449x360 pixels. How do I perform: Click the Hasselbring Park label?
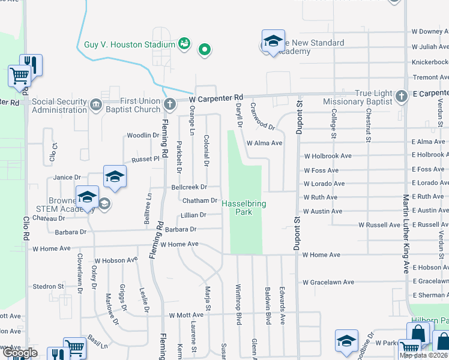pyautogui.click(x=244, y=208)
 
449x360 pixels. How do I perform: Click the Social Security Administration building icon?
pyautogui.click(x=96, y=105)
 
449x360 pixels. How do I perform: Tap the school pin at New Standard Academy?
pyautogui.click(x=273, y=41)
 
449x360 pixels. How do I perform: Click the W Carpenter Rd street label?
pyautogui.click(x=215, y=97)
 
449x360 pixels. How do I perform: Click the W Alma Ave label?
pyautogui.click(x=264, y=143)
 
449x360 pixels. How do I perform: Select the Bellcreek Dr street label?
pyautogui.click(x=189, y=187)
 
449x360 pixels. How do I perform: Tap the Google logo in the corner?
pyautogui.click(x=20, y=353)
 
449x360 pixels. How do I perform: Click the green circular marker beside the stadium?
pyautogui.click(x=205, y=49)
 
